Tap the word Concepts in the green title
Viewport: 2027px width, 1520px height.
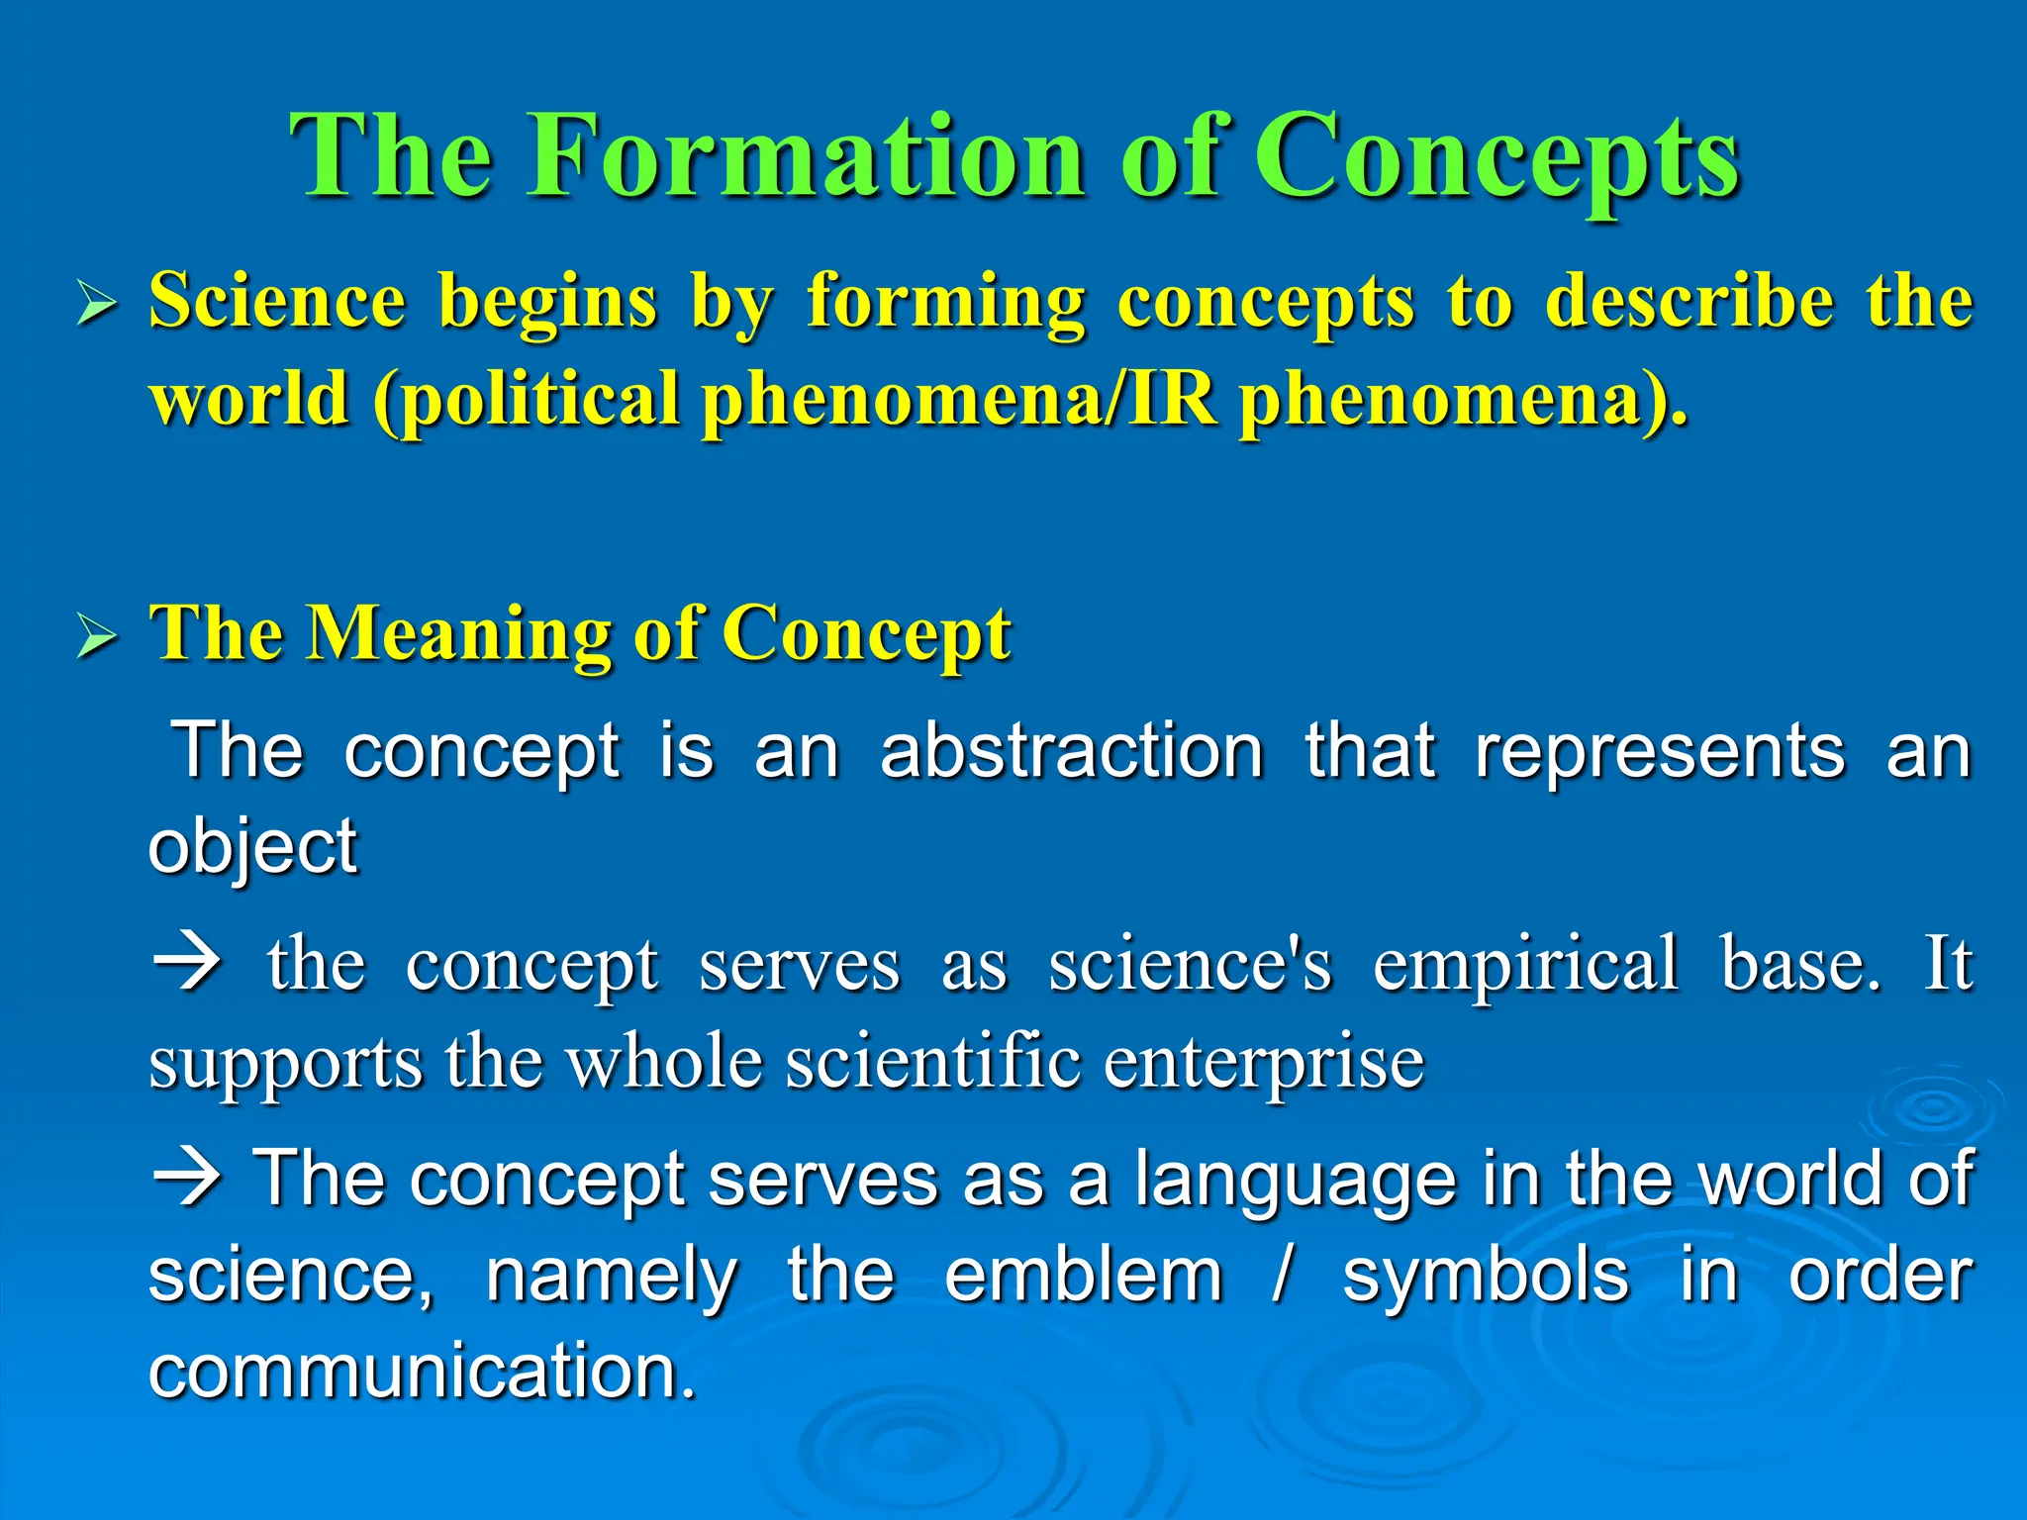[x=1497, y=158]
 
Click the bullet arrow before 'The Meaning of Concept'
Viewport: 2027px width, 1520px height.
[x=98, y=637]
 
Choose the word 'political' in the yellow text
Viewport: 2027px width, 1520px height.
[x=540, y=400]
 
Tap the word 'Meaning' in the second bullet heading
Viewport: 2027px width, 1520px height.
[x=459, y=633]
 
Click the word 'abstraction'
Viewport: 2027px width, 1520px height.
[x=1072, y=752]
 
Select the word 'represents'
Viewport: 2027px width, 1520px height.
[x=1660, y=752]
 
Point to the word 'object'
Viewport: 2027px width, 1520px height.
[x=252, y=847]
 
